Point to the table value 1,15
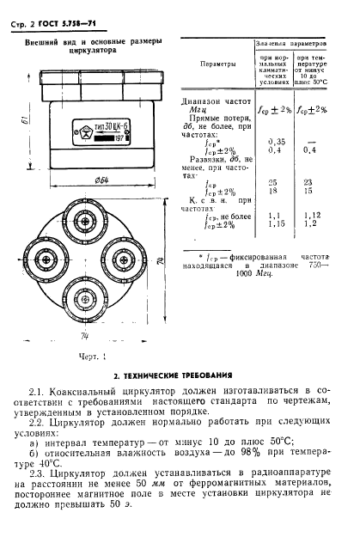(276, 224)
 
